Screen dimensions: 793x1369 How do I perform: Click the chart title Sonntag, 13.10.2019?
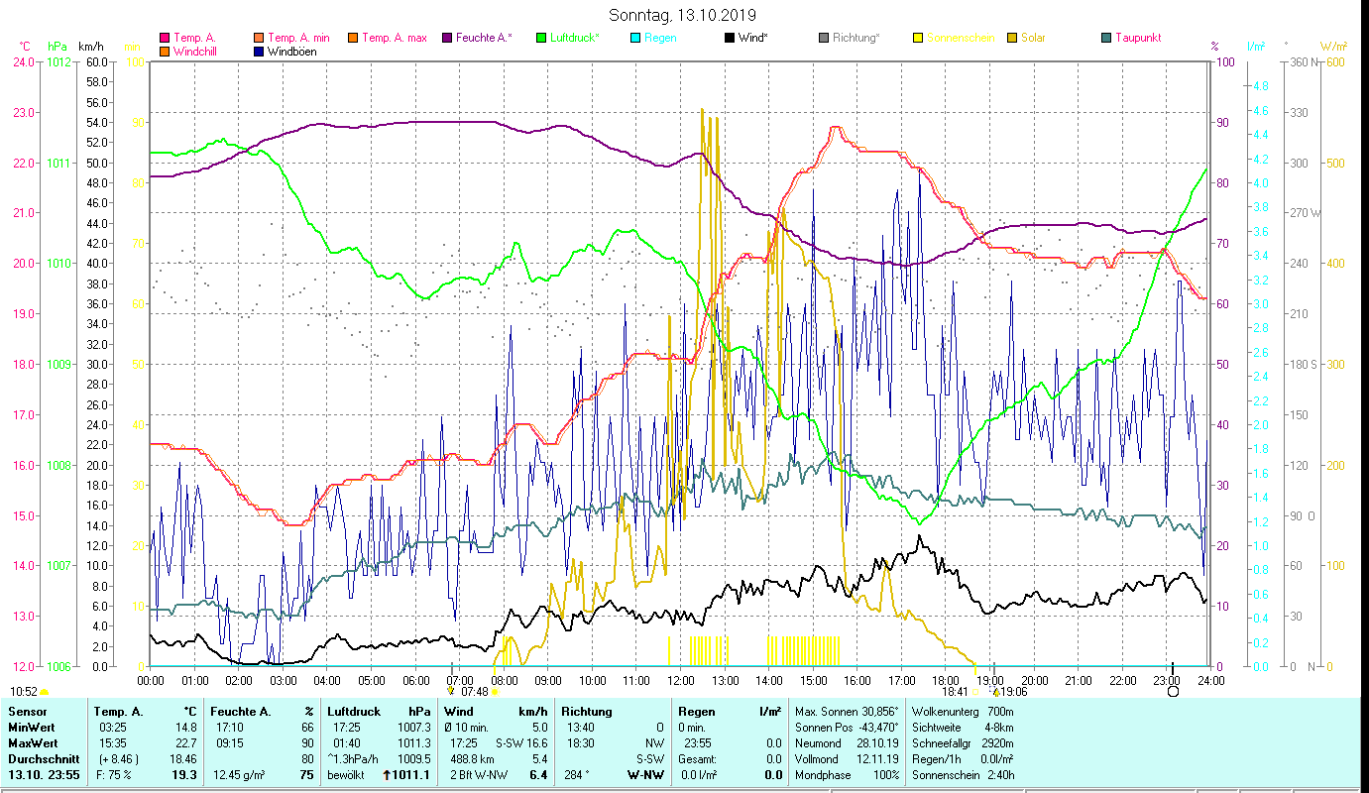682,16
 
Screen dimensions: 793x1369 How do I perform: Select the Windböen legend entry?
291,52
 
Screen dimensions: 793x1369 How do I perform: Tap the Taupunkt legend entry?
1137,38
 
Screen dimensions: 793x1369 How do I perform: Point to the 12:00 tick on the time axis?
681,680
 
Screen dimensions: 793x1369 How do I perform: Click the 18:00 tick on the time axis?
946,680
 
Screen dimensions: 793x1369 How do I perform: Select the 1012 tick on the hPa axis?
58,61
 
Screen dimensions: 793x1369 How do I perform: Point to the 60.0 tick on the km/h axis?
96,61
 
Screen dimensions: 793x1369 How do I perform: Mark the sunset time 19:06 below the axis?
1013,692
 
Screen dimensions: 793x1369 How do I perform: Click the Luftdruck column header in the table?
353,712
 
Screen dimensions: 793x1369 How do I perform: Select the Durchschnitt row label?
42,758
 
